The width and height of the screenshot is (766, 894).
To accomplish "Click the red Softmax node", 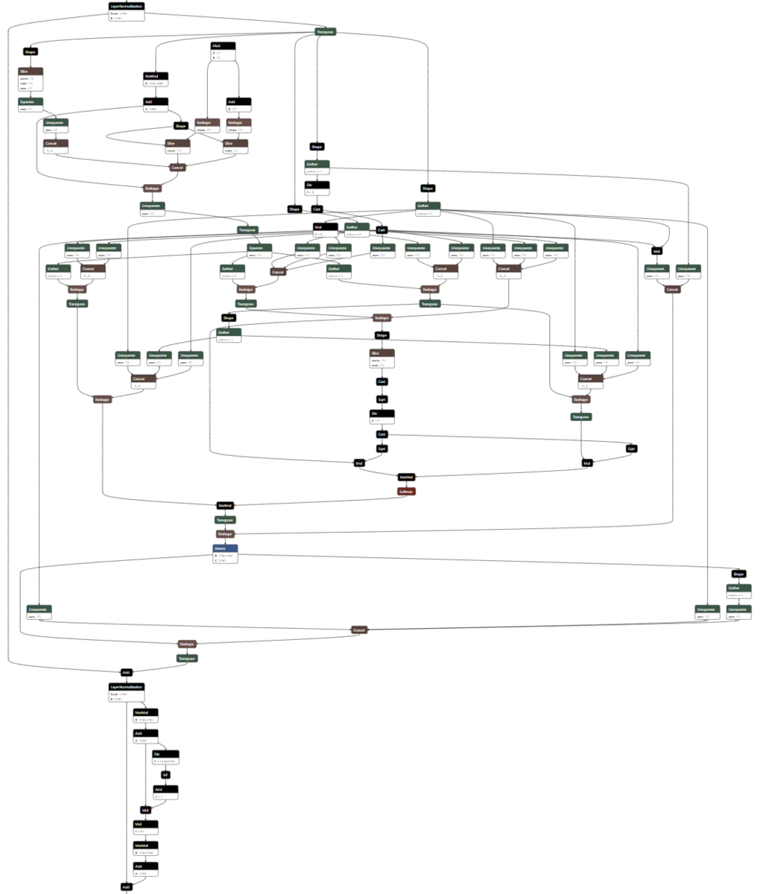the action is click(x=406, y=491).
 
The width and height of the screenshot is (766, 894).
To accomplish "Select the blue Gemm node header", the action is click(x=225, y=548).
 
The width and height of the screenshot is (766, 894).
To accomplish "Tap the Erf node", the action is click(x=166, y=775).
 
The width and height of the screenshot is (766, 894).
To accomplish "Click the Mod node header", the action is click(x=223, y=45).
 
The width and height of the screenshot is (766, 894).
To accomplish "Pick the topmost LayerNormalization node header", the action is click(x=126, y=6).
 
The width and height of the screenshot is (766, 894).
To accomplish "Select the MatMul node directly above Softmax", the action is click(x=406, y=477).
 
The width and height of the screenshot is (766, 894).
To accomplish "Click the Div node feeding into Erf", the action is click(x=166, y=754).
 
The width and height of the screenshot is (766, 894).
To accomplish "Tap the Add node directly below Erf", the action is click(x=166, y=789).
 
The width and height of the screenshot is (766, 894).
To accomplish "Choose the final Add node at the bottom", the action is click(x=126, y=887).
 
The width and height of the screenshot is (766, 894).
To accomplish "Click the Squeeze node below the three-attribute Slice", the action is click(x=31, y=101).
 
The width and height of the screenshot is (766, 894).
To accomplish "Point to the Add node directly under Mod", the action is click(x=238, y=101).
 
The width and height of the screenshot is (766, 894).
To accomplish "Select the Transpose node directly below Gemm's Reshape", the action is click(x=187, y=658).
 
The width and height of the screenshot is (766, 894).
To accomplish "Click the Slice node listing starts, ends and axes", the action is click(x=31, y=71).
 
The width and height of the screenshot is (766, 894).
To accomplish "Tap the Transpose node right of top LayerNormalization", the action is click(x=325, y=31).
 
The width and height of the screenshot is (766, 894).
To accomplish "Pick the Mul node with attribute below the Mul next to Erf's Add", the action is click(x=145, y=824).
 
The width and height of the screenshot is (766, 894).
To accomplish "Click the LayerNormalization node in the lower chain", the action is click(x=126, y=686).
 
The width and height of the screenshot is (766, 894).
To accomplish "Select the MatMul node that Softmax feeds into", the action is click(x=225, y=505).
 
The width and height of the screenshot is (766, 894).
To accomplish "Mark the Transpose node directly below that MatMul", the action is click(x=225, y=519).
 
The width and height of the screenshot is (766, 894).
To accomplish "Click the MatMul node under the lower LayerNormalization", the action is click(x=145, y=712).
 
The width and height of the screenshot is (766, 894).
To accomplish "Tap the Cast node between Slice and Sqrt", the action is click(x=382, y=381).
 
